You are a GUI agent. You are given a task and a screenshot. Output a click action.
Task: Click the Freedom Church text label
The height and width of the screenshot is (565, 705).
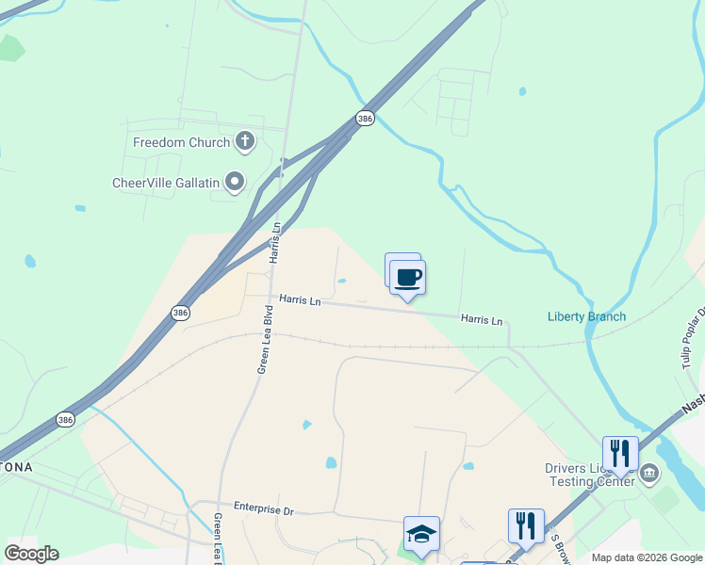coord(182,143)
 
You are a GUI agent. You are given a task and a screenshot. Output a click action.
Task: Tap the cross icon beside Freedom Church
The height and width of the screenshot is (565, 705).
coord(245,143)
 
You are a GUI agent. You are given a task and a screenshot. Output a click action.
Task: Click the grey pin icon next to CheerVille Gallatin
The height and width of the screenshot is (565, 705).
coord(236,181)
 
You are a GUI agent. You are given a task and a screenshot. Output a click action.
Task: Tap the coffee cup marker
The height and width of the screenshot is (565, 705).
coord(407,278)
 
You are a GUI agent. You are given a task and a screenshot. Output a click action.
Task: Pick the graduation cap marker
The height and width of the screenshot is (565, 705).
coord(421,534)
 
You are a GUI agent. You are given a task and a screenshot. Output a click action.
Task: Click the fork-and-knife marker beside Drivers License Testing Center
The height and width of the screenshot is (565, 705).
coord(620,454)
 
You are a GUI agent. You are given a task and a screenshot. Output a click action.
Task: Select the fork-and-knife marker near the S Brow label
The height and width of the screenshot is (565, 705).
coord(526,525)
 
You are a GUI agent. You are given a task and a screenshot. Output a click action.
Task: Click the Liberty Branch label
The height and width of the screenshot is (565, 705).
coord(586,316)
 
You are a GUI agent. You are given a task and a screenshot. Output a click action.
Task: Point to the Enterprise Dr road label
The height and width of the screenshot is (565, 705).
coord(264,509)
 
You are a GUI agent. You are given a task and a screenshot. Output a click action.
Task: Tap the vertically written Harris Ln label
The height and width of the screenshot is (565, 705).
coord(275,242)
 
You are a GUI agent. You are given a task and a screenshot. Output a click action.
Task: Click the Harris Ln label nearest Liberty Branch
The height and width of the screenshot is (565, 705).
coord(481,320)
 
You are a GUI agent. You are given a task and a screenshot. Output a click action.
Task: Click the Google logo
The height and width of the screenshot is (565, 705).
coord(32,553)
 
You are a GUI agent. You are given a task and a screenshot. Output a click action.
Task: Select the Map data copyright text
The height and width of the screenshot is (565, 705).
coord(647,557)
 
